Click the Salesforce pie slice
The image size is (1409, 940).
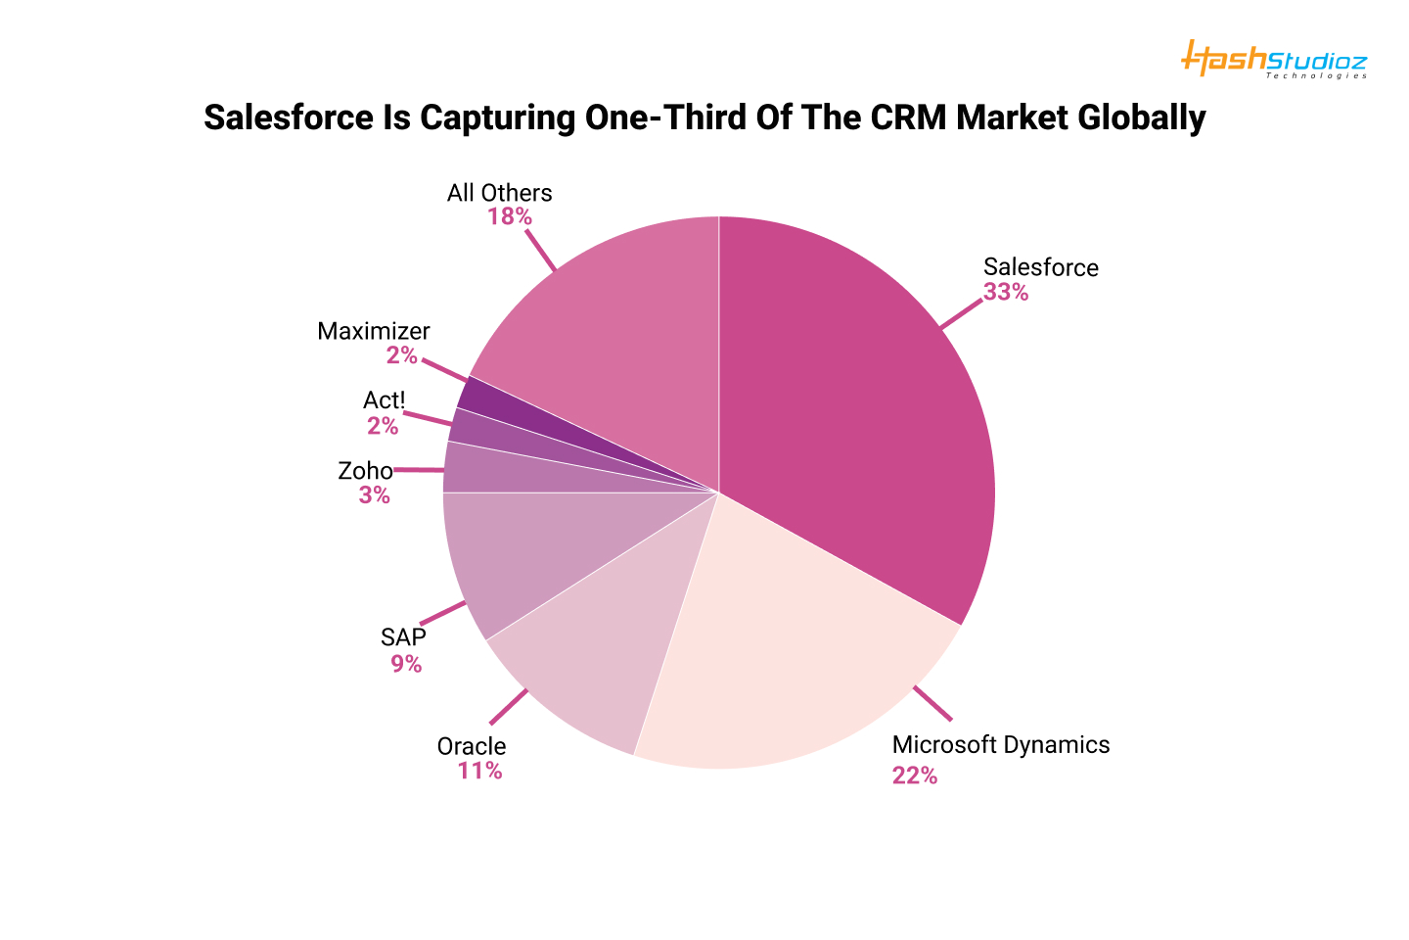861,411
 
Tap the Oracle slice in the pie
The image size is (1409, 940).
597,666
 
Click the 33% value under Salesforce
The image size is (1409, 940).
1006,292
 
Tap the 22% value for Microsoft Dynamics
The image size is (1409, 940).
914,775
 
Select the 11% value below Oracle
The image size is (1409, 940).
479,771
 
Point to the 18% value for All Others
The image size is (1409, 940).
510,216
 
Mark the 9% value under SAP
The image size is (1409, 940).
406,664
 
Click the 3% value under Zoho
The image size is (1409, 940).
374,495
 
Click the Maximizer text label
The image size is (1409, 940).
374,331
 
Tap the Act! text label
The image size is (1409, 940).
384,399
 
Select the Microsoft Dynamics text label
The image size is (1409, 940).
1001,744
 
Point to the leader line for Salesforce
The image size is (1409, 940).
961,314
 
